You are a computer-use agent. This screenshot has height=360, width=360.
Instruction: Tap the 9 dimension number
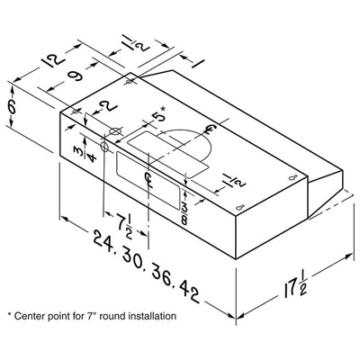tap(74, 76)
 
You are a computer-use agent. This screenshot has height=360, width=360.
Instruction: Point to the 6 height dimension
tap(12, 107)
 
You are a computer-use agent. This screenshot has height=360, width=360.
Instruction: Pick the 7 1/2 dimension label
tap(124, 226)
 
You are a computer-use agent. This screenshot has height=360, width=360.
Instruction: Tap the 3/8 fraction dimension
tap(184, 214)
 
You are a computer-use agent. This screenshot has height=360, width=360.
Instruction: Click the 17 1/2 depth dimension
tap(295, 286)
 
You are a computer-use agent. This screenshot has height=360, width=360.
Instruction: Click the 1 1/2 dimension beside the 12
tap(137, 44)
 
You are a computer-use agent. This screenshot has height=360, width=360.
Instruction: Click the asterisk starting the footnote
tap(9, 315)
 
